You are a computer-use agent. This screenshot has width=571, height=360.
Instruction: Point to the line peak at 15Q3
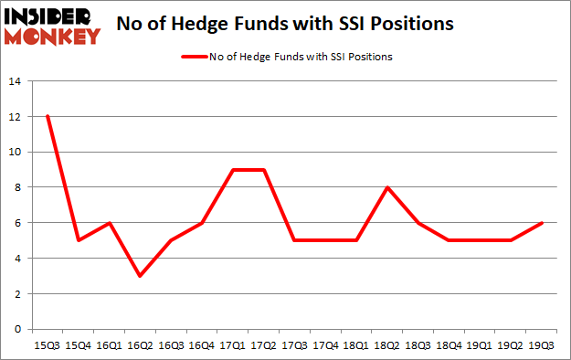click(x=48, y=117)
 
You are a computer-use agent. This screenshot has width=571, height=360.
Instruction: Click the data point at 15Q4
click(x=79, y=240)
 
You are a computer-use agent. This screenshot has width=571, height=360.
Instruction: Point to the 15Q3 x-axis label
click(x=48, y=345)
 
